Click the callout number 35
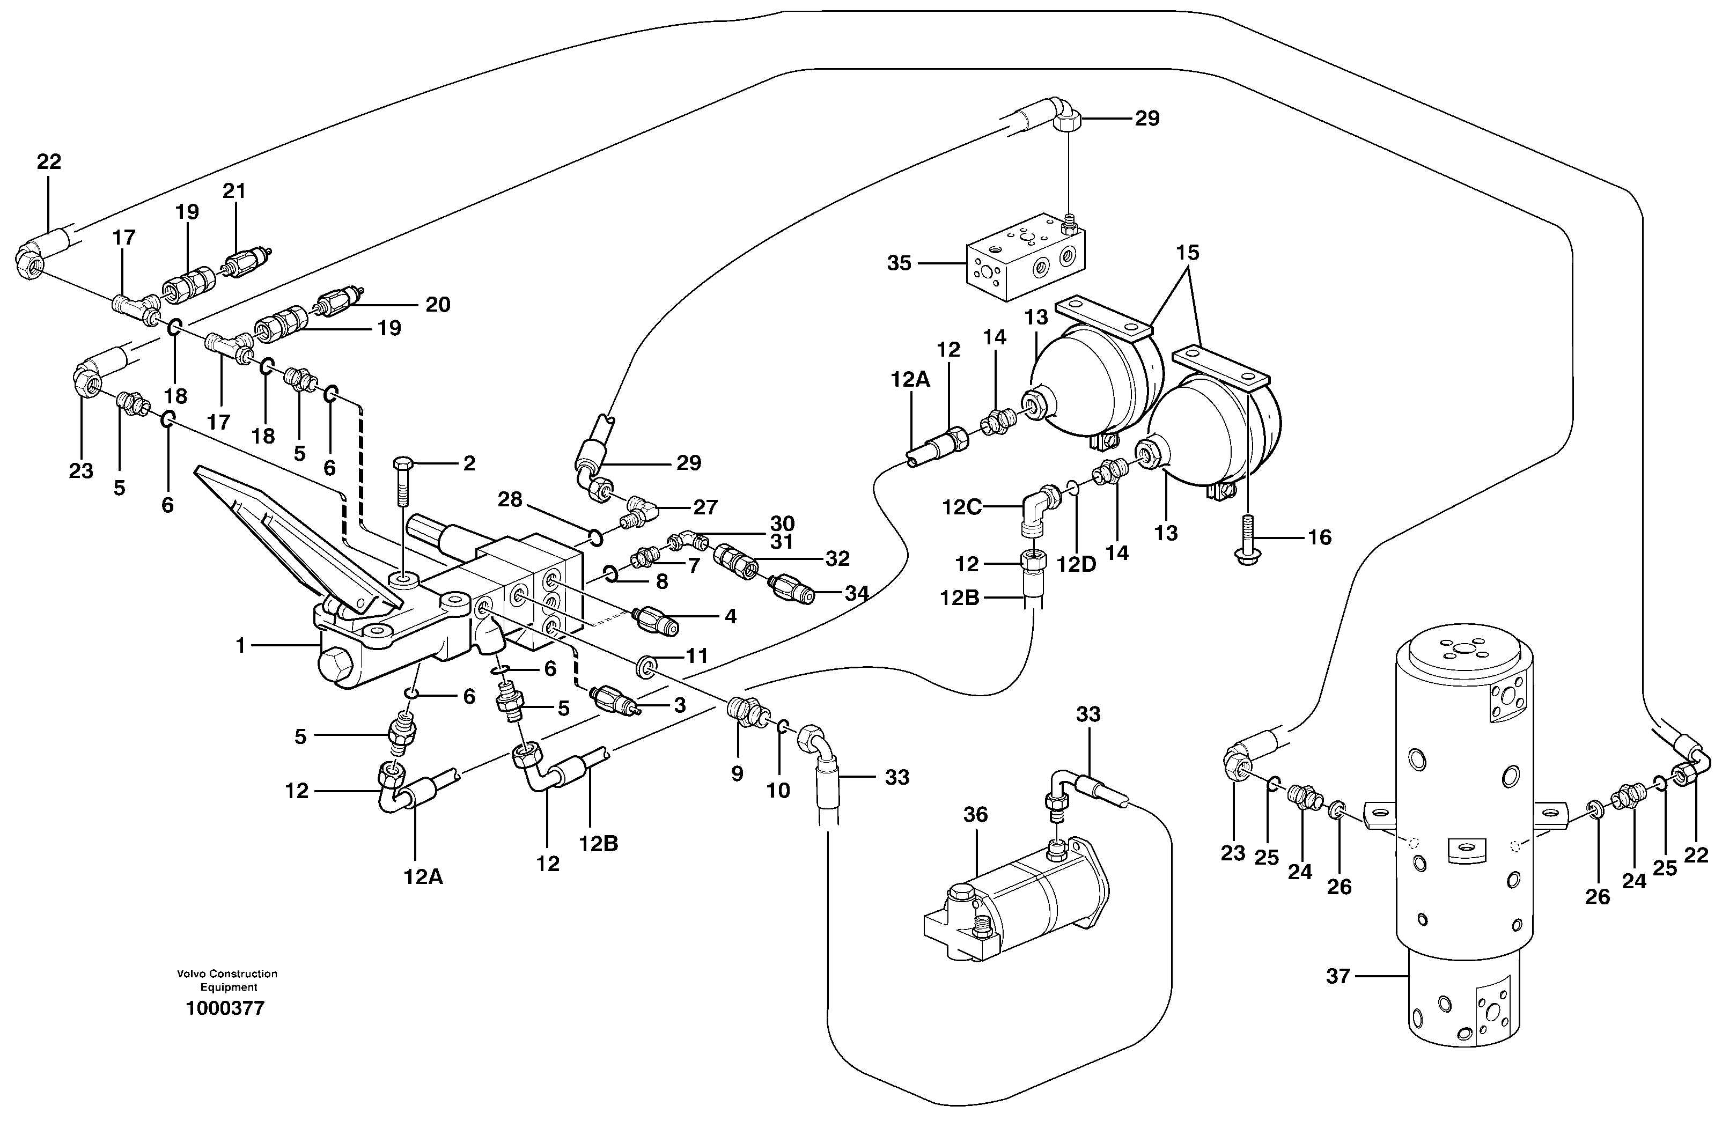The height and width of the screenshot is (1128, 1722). coord(899,263)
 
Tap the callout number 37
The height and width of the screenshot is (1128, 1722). coord(1338,977)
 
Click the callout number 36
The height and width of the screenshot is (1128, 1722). coord(975,815)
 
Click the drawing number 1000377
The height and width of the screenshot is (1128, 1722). coord(225,1008)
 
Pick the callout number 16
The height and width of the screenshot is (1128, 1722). coord(1320,537)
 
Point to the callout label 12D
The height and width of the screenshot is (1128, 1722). coord(1077,564)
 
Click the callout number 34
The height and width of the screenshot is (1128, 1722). coord(857,593)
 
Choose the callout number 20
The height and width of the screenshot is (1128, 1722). coord(437,305)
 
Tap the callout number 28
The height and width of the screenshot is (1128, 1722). coord(510,499)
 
